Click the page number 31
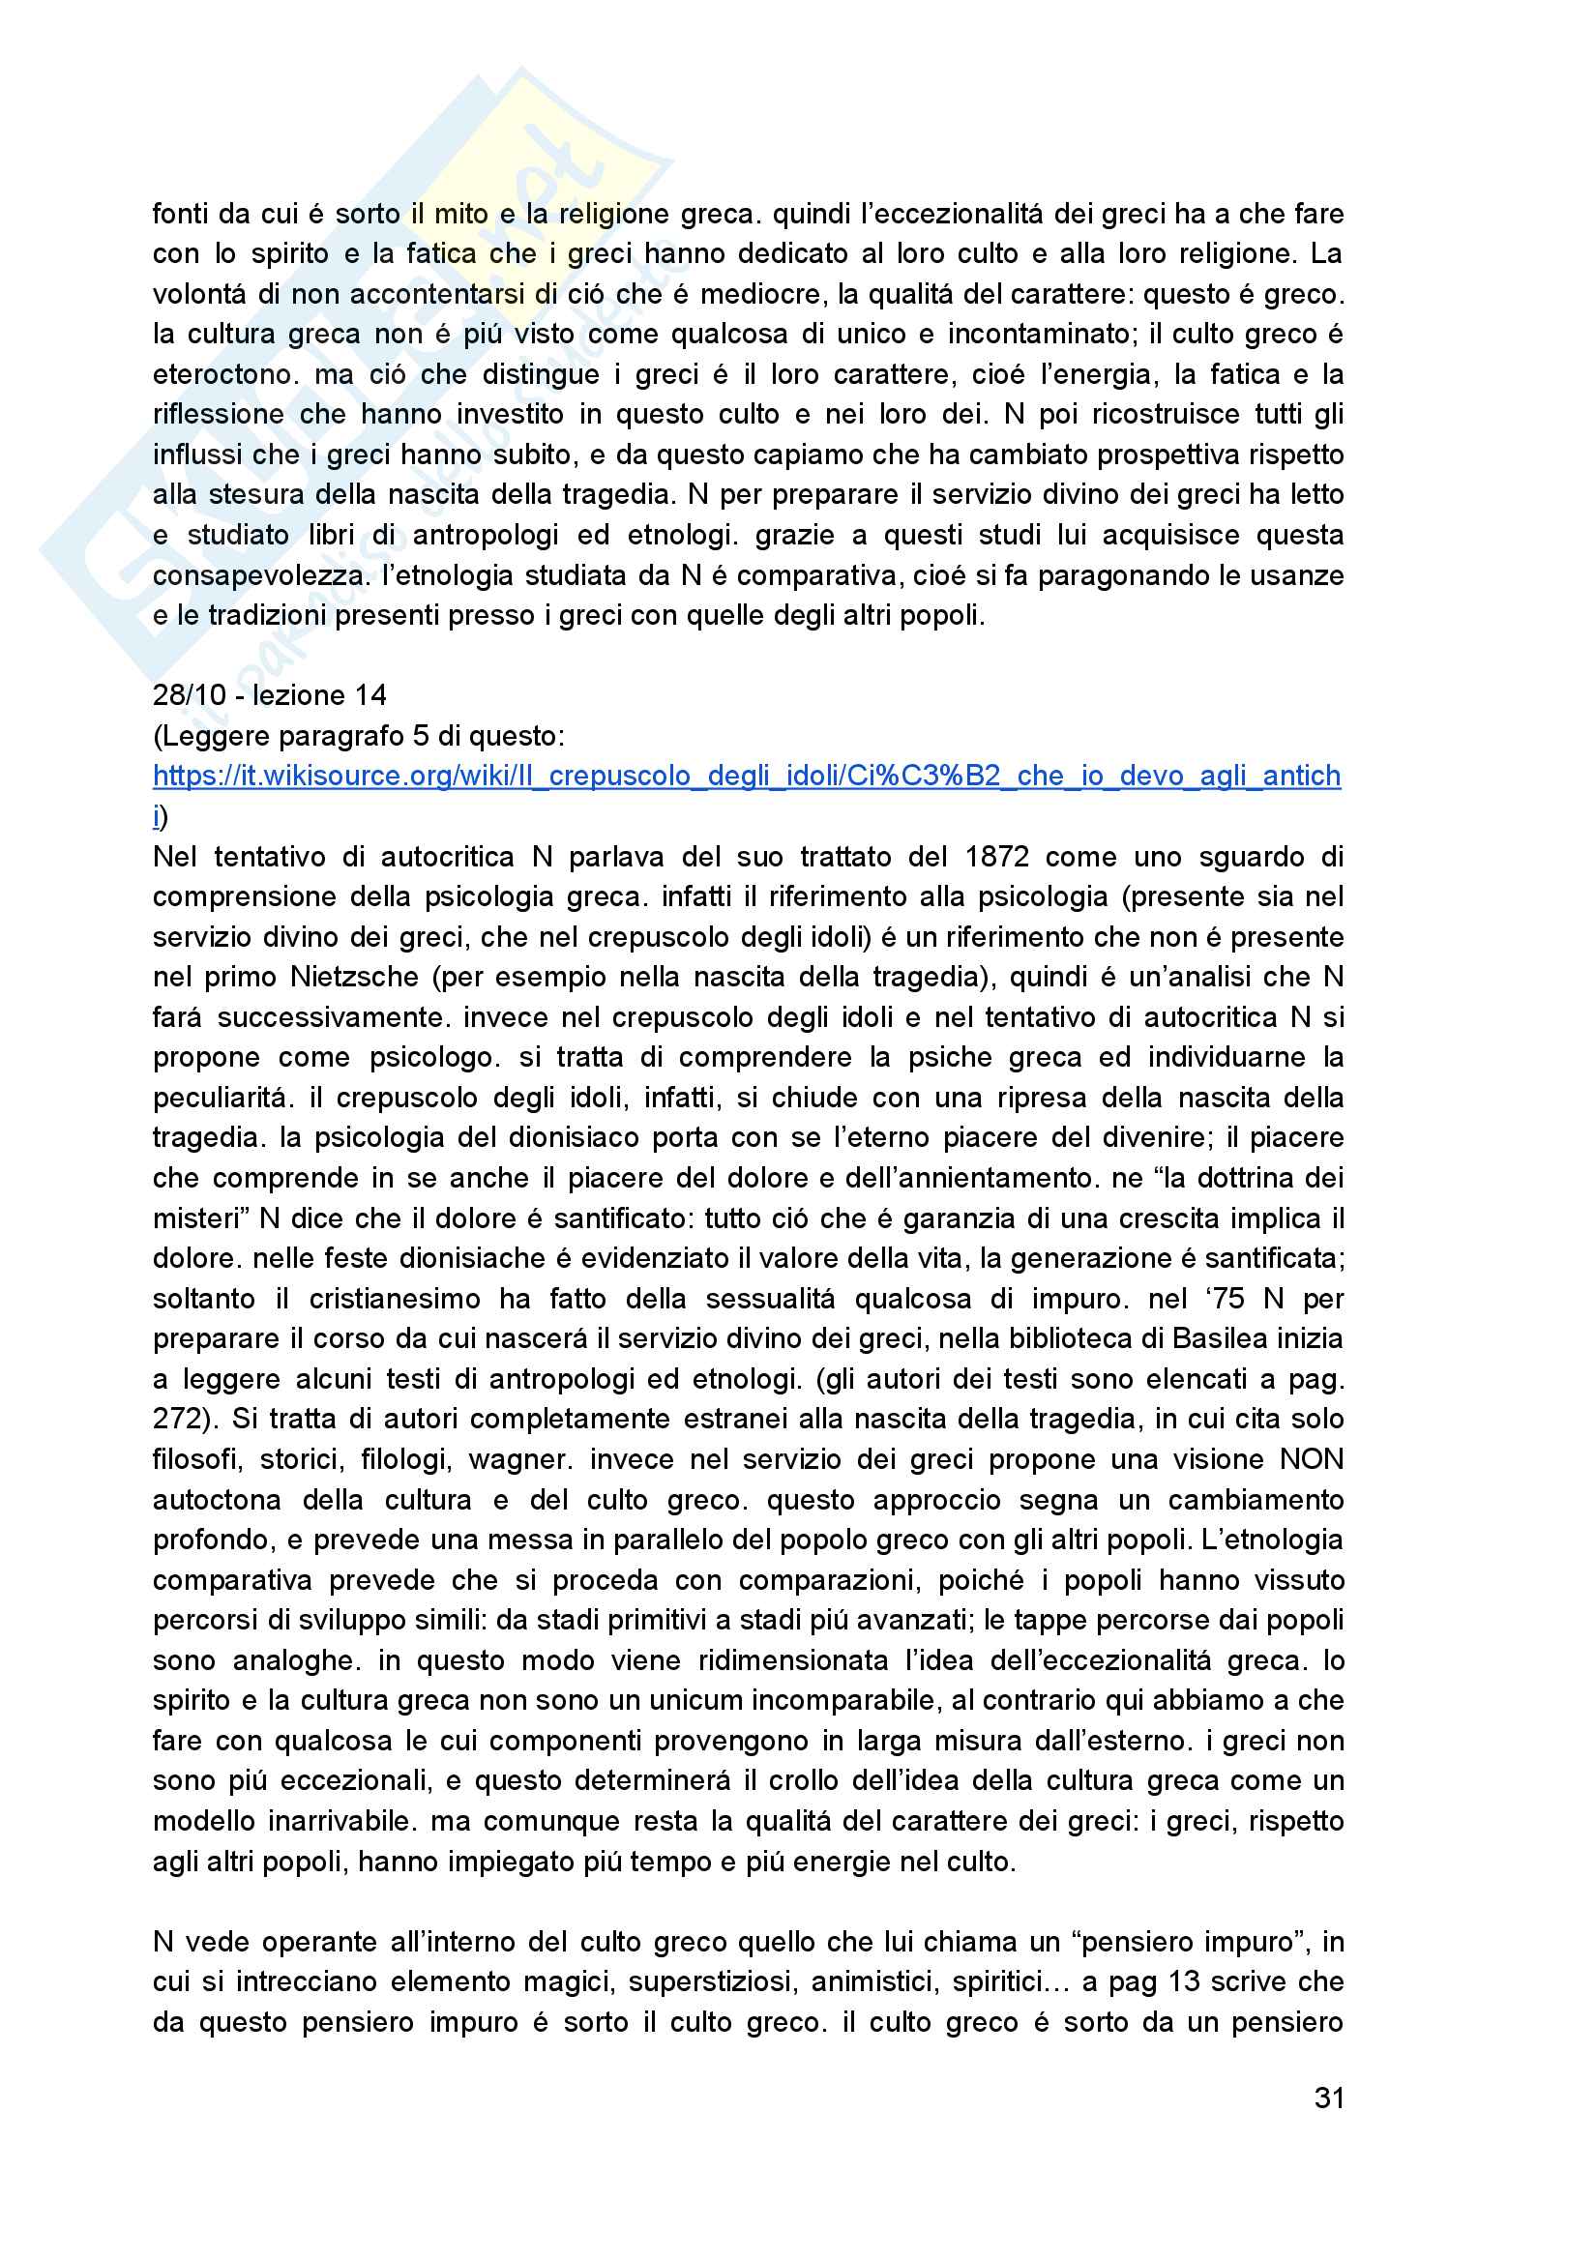pos(1328,2098)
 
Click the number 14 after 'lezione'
pos(369,695)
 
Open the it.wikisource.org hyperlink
pos(746,777)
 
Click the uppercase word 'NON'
pos(1311,1459)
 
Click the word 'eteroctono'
pos(222,375)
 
